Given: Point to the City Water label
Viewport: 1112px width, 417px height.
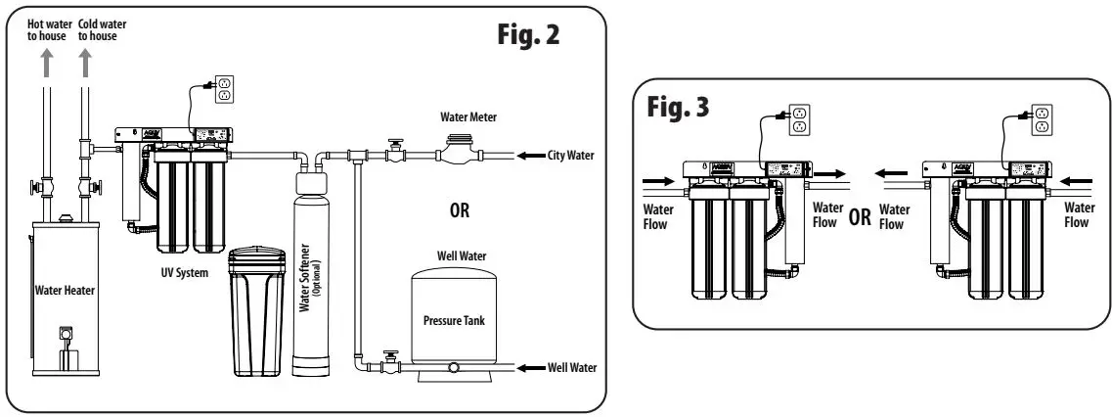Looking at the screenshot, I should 573,155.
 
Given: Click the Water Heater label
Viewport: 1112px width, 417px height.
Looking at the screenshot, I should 64,289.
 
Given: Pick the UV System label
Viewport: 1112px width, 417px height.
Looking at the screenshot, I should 184,273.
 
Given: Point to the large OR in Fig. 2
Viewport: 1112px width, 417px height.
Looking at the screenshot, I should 459,209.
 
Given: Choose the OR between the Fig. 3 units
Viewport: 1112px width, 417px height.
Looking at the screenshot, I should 861,215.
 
